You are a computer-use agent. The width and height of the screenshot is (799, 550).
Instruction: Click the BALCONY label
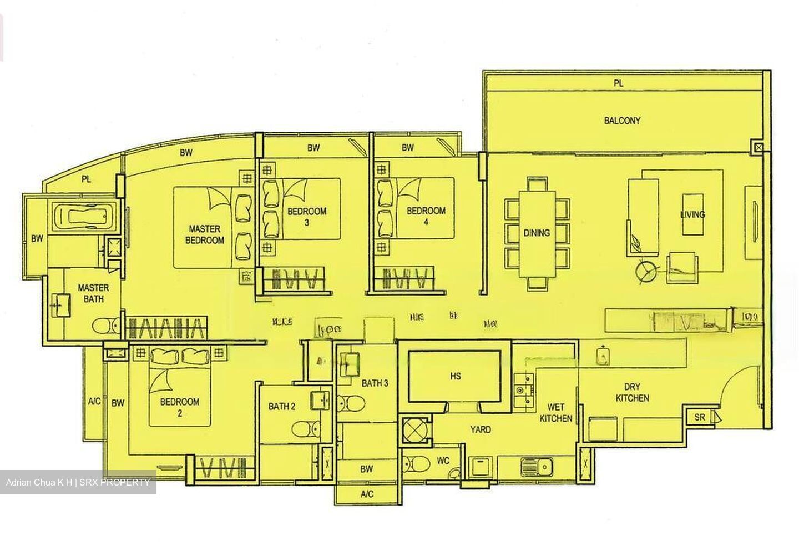(x=622, y=121)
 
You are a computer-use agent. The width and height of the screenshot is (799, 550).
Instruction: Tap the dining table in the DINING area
(x=537, y=233)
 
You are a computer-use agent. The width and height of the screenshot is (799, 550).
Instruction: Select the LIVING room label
(x=692, y=214)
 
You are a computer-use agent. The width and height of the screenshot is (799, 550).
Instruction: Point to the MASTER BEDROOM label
(x=205, y=234)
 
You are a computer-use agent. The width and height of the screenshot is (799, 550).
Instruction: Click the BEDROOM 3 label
(x=307, y=216)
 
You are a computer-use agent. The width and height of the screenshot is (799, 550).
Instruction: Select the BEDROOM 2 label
(x=179, y=407)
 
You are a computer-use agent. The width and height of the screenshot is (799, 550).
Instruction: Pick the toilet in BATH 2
(x=305, y=429)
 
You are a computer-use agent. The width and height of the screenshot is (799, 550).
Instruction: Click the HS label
(x=455, y=376)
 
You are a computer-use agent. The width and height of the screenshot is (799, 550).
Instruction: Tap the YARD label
(x=480, y=429)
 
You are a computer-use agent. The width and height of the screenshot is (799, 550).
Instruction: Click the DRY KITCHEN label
(x=632, y=392)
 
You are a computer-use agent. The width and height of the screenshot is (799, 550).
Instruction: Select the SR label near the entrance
(x=700, y=417)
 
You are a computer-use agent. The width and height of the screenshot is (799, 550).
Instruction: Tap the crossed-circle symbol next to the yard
(x=415, y=429)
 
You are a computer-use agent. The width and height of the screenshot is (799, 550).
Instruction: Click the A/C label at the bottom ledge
(x=367, y=494)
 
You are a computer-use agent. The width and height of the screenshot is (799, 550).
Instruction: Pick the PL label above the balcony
(x=619, y=83)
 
